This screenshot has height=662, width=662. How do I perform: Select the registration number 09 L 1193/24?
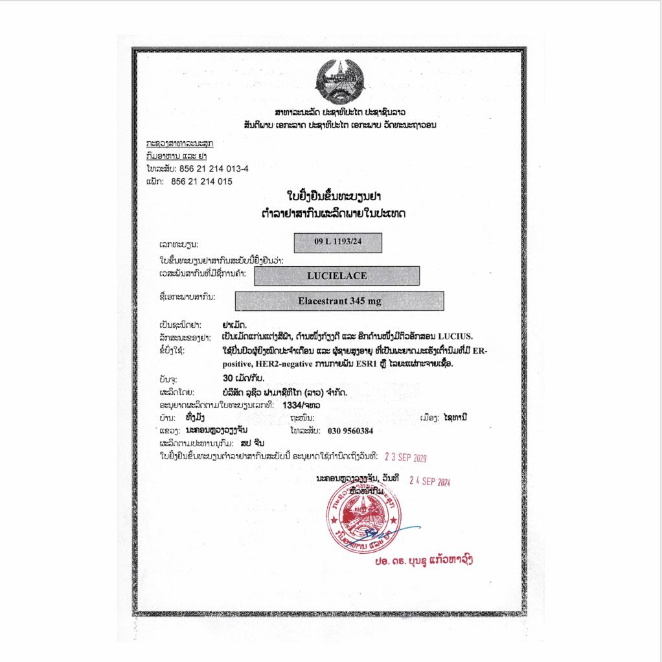click(x=337, y=242)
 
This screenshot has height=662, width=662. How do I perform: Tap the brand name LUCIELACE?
click(x=337, y=276)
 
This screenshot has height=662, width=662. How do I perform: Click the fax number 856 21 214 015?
click(x=201, y=182)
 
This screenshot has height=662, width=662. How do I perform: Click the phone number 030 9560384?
click(x=351, y=430)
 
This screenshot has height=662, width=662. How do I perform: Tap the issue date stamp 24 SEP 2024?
click(x=429, y=481)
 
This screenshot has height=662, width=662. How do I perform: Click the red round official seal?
click(x=365, y=516)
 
